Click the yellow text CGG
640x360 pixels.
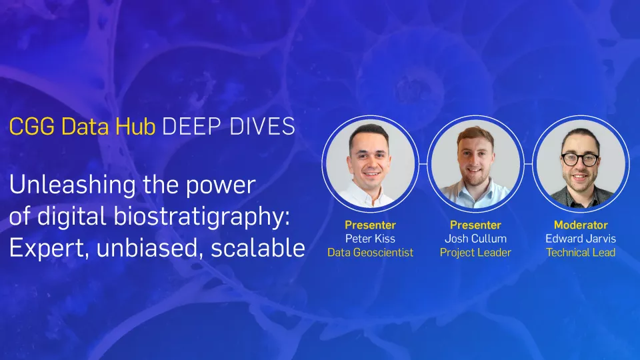pos(32,126)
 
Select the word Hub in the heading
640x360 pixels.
pos(135,126)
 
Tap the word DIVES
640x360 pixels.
pos(262,126)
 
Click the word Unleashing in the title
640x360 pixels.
pos(73,185)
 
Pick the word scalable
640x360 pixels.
pos(258,248)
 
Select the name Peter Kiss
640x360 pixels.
pos(370,239)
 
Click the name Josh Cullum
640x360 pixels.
pos(475,239)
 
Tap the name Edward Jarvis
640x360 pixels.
pos(581,239)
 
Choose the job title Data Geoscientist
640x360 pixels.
pos(370,253)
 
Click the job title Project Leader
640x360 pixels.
pos(475,253)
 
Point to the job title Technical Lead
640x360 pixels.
pos(581,253)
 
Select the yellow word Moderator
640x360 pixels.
pos(581,225)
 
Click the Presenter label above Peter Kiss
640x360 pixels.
pos(370,225)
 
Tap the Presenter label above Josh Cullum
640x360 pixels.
pos(475,225)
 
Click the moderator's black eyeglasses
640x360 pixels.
pos(580,159)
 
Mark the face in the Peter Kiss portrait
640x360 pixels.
pos(370,157)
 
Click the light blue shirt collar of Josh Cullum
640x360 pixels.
pos(475,189)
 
